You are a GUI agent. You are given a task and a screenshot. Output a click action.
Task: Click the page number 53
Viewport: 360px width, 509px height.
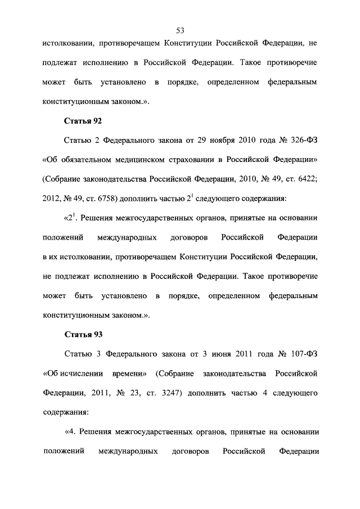coord(180,30)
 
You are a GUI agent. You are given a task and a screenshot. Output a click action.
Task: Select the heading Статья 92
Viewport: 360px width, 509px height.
coord(83,120)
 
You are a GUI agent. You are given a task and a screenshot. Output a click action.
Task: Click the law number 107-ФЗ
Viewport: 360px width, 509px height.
coord(302,354)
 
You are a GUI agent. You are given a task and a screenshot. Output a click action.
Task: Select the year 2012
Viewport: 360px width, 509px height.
coord(51,198)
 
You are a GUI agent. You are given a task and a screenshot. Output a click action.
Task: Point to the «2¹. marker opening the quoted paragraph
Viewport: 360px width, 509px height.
coord(70,217)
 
